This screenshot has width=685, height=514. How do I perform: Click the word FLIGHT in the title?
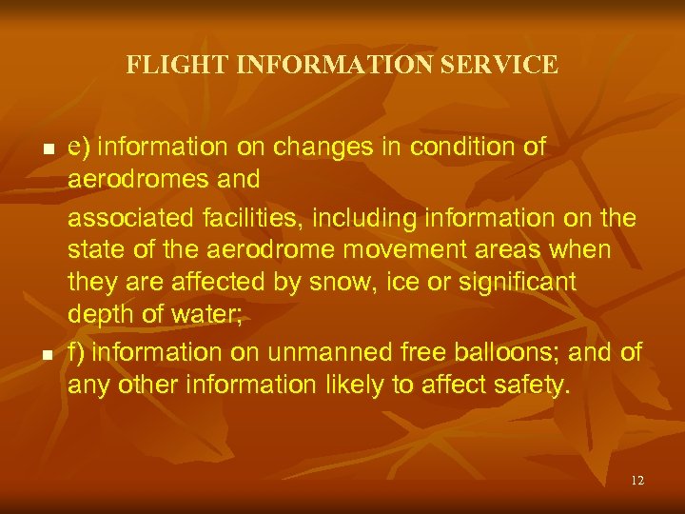pyautogui.click(x=164, y=65)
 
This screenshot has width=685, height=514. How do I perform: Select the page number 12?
pyautogui.click(x=636, y=481)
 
